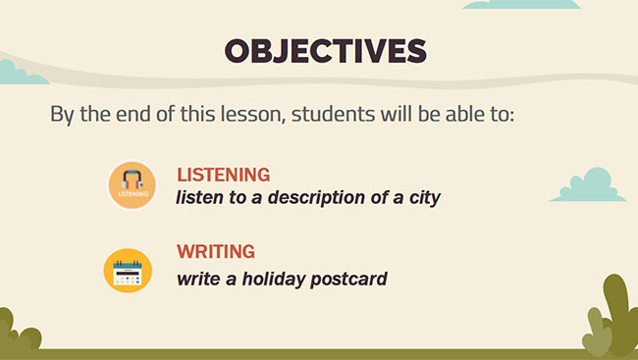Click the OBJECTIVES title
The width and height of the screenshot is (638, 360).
tap(325, 51)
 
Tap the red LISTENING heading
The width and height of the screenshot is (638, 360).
tap(223, 175)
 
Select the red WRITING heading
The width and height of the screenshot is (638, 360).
tap(216, 251)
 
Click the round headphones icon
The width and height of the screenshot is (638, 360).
tap(133, 184)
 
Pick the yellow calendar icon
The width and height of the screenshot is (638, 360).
tap(128, 271)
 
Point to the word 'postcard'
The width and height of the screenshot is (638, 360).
tap(348, 279)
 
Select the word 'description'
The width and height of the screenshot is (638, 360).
tap(319, 197)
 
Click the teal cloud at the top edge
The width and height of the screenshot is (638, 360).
tap(520, 4)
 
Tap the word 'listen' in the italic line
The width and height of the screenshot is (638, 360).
tap(200, 197)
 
